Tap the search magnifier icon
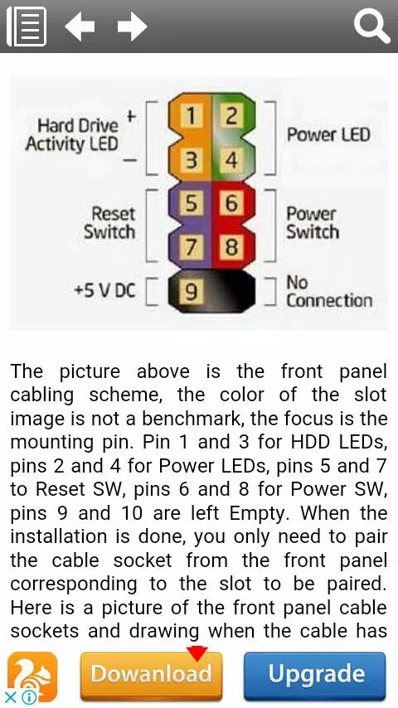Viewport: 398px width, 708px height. (x=371, y=27)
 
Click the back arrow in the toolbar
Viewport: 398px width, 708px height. (x=80, y=27)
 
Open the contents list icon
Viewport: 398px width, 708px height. (x=27, y=27)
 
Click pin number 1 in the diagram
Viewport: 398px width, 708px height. (x=192, y=115)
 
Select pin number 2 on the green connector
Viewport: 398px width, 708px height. (x=231, y=115)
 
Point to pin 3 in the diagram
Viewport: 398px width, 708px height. (x=192, y=160)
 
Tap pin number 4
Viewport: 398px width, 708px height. (x=231, y=160)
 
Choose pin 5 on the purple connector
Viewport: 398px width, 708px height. (x=192, y=203)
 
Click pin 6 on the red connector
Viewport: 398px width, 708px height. (x=231, y=203)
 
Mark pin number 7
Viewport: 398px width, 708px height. (x=192, y=247)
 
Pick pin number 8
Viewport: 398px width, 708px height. (x=231, y=247)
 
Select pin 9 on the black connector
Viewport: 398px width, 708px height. (x=192, y=292)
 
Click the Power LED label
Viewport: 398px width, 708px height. (x=329, y=134)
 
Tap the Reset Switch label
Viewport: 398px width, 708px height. (x=109, y=223)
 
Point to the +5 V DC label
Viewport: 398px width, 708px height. (x=104, y=291)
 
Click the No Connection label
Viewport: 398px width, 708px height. (x=329, y=292)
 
